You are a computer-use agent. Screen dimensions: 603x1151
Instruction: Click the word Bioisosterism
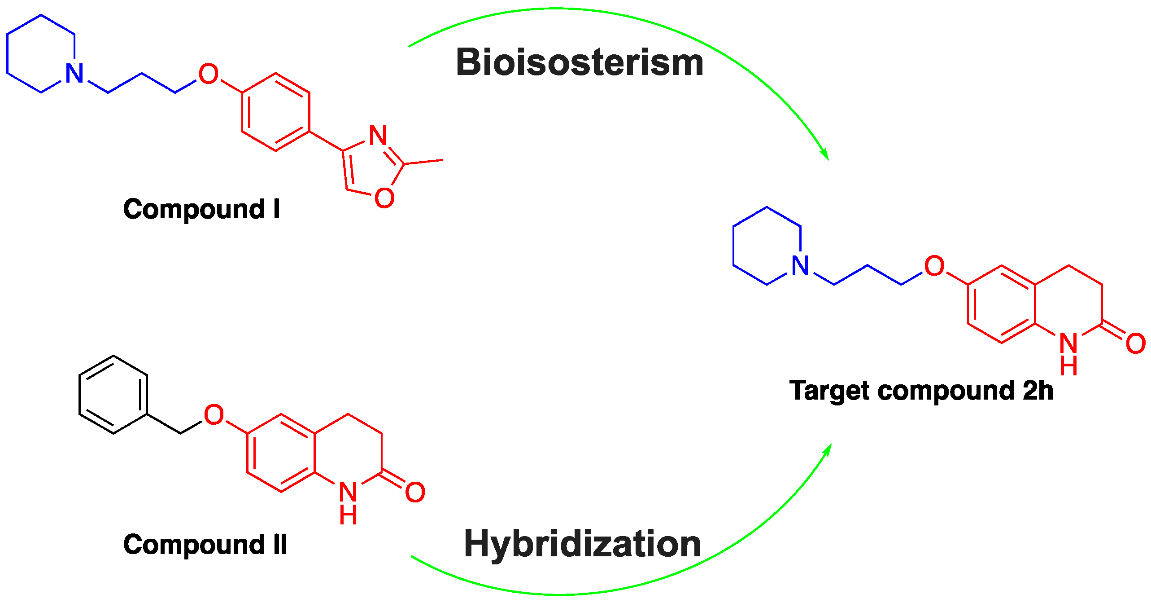coord(579,63)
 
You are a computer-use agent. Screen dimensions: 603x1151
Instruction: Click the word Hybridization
coord(582,544)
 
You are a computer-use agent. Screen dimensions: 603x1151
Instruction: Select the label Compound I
coord(201,209)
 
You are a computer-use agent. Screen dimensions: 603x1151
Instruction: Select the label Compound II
coord(205,545)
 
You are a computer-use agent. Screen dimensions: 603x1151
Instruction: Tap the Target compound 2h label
coord(921,391)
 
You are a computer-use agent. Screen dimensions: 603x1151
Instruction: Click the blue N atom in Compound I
coord(74,74)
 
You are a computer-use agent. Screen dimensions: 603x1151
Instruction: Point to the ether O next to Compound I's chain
coord(209,75)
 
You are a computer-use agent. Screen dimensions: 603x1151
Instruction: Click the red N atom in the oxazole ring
coord(378,136)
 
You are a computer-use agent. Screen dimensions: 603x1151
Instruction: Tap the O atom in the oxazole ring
coord(384,198)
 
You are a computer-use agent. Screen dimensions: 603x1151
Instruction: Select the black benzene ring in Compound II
coord(113,395)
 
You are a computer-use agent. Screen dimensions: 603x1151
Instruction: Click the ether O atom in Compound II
coord(214,414)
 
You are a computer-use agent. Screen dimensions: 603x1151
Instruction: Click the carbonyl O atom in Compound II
coord(415,493)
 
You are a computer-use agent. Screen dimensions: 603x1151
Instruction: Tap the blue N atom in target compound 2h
coord(800,266)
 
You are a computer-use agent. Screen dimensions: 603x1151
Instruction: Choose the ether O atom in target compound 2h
coord(934,266)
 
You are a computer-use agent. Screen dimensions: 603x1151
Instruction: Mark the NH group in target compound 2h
coord(1068,353)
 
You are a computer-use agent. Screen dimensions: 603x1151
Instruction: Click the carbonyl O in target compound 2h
coord(1136,344)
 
